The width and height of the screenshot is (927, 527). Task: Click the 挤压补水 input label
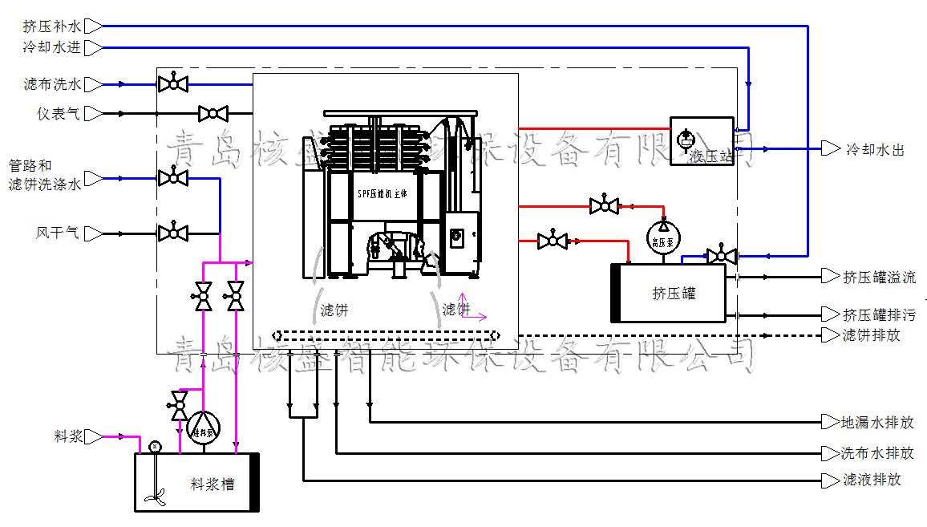[x=52, y=26]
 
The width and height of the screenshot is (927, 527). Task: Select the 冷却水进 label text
[x=52, y=47]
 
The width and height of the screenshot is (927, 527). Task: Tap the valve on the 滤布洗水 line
[x=172, y=83]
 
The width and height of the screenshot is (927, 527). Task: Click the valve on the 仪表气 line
[x=213, y=114]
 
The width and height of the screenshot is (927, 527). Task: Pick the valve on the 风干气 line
[x=172, y=233]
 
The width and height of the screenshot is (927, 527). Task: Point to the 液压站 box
[x=702, y=141]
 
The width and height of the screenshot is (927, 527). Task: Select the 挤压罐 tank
[x=672, y=293]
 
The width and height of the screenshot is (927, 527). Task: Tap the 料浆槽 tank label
[x=212, y=484]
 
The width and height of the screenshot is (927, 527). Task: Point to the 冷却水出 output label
[x=875, y=149]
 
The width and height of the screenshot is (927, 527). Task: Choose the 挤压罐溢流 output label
[x=879, y=278]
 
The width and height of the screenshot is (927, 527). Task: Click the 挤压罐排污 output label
[x=879, y=314]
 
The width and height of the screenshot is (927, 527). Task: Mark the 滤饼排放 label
[x=871, y=335]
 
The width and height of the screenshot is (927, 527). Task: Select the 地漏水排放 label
[x=876, y=422]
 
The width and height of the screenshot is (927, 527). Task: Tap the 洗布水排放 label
[x=876, y=453]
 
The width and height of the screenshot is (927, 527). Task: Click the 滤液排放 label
[x=872, y=480]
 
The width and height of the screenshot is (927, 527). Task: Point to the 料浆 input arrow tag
[x=93, y=437]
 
